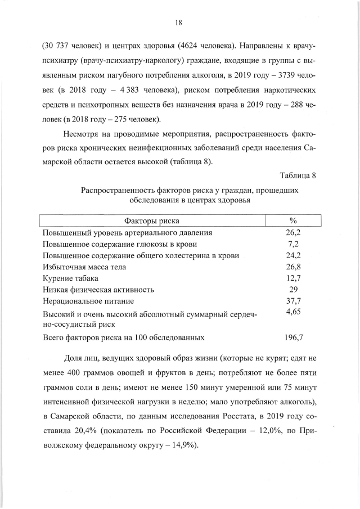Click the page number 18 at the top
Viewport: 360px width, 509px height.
pos(179,22)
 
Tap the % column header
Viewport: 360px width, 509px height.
pos(292,220)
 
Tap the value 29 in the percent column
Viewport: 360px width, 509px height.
pos(293,290)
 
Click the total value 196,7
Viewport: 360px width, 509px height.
pos(293,338)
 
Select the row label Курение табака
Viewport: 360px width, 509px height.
pos(70,278)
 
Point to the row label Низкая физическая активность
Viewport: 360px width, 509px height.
pos(98,290)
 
